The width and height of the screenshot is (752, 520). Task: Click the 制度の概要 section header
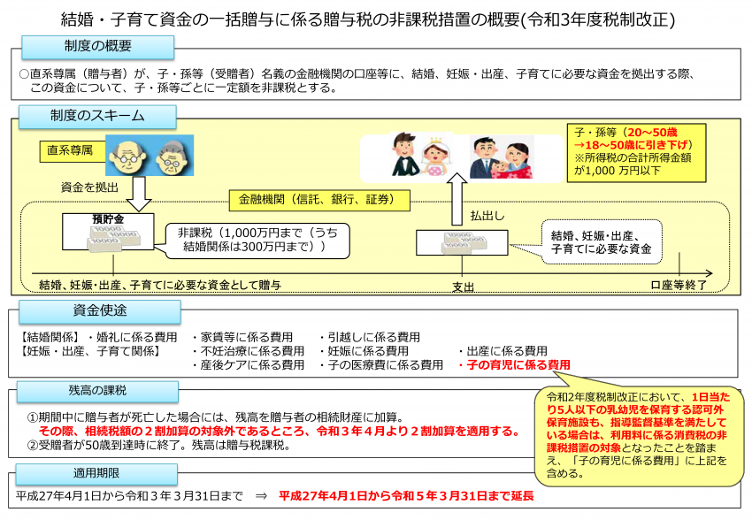98,47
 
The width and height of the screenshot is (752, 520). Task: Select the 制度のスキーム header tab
98,117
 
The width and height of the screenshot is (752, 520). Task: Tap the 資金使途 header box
100,311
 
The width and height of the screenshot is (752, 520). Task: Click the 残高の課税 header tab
97,391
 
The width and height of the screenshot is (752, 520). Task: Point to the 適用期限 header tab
96,473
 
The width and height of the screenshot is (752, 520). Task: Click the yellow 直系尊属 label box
73,151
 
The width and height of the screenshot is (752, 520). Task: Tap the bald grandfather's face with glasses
127,157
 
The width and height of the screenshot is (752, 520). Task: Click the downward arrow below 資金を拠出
139,194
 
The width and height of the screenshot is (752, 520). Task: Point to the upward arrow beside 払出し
457,199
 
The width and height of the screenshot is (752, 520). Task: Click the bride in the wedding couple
436,158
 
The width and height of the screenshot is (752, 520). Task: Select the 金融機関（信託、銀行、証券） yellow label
318,200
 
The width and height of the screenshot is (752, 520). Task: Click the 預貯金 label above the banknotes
108,219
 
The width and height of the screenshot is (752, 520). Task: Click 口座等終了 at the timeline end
679,285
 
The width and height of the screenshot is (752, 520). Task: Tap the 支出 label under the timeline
463,287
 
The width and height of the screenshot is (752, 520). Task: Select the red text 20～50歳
652,133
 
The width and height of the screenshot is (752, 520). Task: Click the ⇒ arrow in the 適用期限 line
261,496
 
